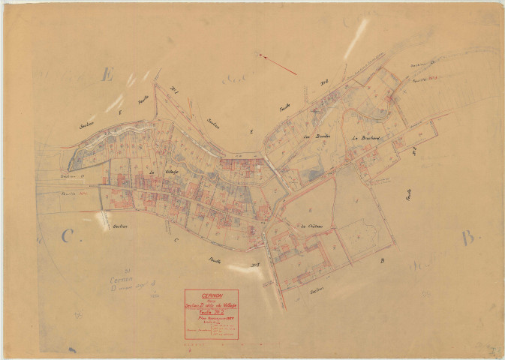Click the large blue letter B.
[x=470, y=238]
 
